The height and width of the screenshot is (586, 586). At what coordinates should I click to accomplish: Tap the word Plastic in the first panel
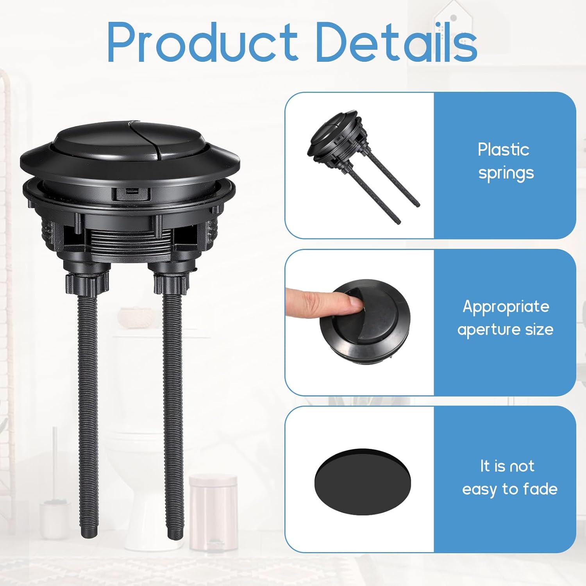click(x=503, y=150)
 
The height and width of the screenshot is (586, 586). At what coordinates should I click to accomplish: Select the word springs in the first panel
click(x=506, y=173)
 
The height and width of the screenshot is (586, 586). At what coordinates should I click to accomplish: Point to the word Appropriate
click(x=506, y=307)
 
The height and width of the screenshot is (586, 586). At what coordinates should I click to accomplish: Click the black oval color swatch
click(x=363, y=481)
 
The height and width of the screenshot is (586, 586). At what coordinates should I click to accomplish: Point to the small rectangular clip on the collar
click(x=133, y=192)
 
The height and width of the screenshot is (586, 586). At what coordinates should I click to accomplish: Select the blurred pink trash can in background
click(x=213, y=512)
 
